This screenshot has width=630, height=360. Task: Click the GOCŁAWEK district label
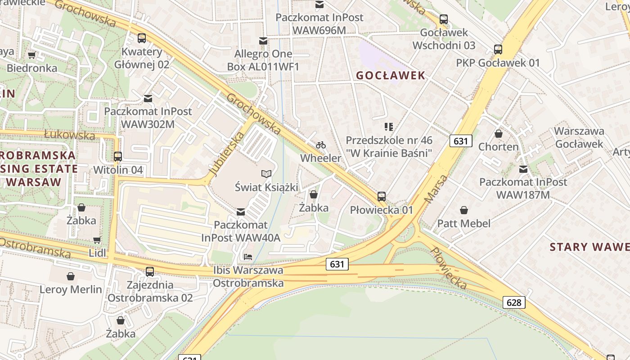point(391,75)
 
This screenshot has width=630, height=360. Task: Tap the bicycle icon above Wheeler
point(321,145)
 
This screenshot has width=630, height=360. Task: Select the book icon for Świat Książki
point(266,174)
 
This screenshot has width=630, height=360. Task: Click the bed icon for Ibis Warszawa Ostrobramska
point(247,257)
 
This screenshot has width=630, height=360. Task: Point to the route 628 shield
point(513,302)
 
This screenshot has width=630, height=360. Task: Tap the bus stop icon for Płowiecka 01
point(382,197)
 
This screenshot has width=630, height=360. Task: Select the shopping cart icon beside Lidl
point(97,240)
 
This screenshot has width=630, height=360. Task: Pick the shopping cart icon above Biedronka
point(31,55)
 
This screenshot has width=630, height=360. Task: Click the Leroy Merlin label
point(71,289)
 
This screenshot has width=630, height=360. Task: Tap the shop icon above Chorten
point(499,134)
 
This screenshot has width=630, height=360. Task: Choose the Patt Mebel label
point(464,223)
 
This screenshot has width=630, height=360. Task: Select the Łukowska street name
point(70,135)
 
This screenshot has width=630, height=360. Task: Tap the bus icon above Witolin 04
point(118,157)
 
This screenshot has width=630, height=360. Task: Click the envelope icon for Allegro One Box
point(263,41)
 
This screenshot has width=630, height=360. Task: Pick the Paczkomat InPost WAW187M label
point(523,188)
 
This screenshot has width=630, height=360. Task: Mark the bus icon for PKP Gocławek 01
point(498,49)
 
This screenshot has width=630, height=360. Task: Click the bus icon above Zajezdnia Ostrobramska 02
point(150,272)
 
